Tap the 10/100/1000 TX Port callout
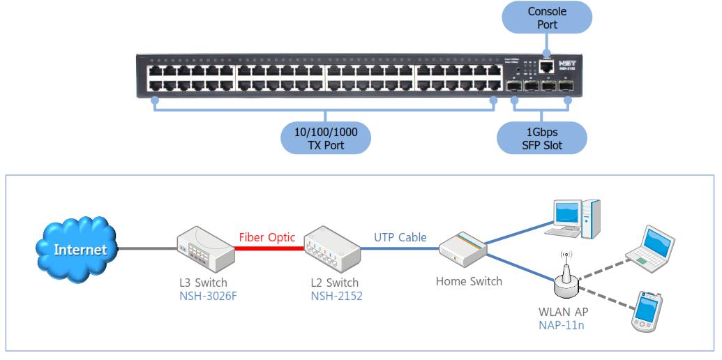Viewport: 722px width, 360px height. click(x=325, y=137)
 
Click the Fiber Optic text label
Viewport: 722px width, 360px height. click(x=267, y=237)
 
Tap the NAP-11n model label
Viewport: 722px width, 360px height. click(x=561, y=324)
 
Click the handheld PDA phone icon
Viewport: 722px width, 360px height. click(x=645, y=311)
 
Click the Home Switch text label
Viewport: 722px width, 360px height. click(x=468, y=282)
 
